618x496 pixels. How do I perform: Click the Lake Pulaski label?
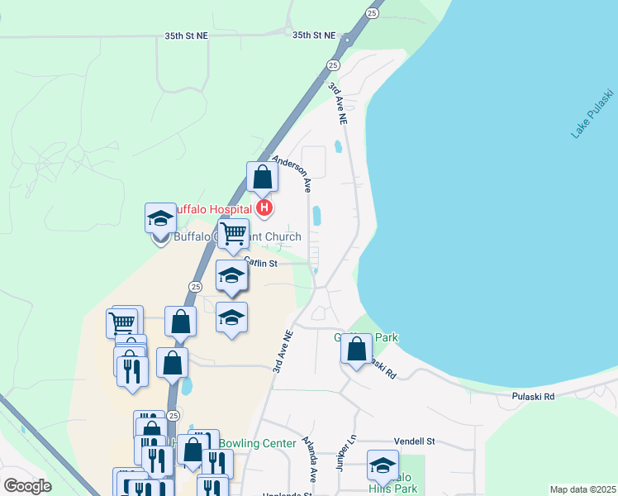click(x=592, y=112)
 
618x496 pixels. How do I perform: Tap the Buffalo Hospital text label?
click(x=212, y=209)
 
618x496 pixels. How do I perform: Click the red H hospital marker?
click(x=264, y=207)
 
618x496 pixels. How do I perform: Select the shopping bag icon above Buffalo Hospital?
click(x=262, y=178)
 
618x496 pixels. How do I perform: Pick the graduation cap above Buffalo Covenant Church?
click(x=160, y=218)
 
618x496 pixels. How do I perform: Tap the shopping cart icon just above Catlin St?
click(x=234, y=234)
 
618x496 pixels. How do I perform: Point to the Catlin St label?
click(x=259, y=263)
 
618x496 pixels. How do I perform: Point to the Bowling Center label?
click(x=261, y=444)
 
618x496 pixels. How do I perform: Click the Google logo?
click(x=27, y=486)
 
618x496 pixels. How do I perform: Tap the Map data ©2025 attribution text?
click(x=582, y=489)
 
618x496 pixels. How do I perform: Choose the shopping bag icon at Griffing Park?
click(x=356, y=351)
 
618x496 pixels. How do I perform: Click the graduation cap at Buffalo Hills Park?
click(x=383, y=466)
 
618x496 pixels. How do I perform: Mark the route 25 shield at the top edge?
click(x=373, y=13)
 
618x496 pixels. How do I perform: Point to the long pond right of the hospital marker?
click(x=316, y=216)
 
